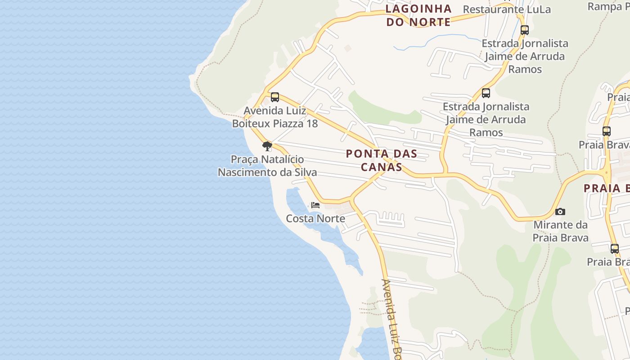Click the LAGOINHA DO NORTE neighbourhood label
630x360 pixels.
click(x=418, y=15)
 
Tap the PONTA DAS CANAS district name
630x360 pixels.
click(x=381, y=160)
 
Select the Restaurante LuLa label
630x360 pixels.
click(x=506, y=9)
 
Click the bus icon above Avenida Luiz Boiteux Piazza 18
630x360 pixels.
click(x=274, y=97)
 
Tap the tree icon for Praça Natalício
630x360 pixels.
click(x=267, y=146)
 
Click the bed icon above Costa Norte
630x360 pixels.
click(x=315, y=205)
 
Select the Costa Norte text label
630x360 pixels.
click(x=315, y=219)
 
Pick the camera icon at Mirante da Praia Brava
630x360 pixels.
click(x=560, y=211)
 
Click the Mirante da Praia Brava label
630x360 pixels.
click(x=561, y=231)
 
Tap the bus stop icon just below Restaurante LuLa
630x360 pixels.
click(x=524, y=30)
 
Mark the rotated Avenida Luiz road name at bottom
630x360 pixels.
click(x=391, y=317)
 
